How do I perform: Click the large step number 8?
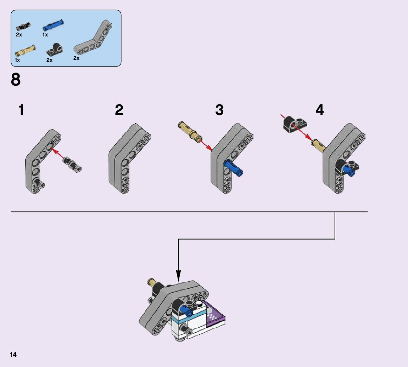(x=16, y=80)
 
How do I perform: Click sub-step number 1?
(x=21, y=110)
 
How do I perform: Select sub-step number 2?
(x=119, y=110)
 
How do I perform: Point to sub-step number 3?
(x=219, y=110)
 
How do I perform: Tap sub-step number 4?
(x=319, y=110)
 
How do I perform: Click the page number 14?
(x=13, y=355)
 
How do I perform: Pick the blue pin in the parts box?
(x=53, y=25)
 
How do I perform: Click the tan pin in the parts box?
(x=26, y=50)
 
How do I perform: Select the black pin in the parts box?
(x=23, y=26)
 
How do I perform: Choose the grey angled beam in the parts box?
(x=93, y=38)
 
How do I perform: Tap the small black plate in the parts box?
(x=55, y=49)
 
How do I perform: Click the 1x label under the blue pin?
(x=45, y=35)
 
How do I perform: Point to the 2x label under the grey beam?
(x=76, y=58)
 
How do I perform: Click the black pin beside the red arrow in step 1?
(x=72, y=164)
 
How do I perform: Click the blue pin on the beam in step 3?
(x=233, y=168)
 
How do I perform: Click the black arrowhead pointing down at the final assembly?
(x=178, y=276)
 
